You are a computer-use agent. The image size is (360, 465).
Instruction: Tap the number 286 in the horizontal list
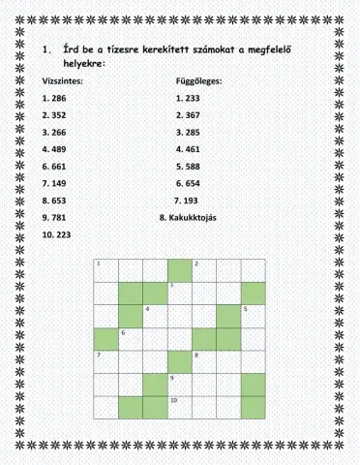tap(60, 99)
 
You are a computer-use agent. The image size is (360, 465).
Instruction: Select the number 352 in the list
tap(60, 114)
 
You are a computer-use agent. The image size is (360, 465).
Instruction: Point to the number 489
tap(60, 150)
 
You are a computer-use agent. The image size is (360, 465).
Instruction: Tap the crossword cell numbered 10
tap(179, 407)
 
